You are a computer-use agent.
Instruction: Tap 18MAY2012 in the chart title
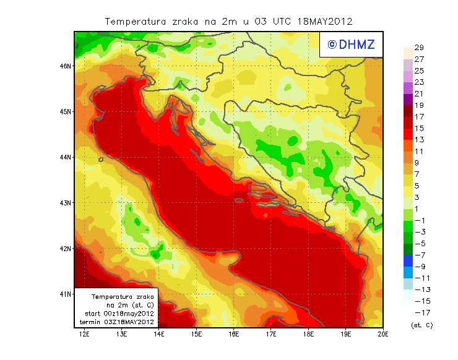pyautogui.click(x=325, y=21)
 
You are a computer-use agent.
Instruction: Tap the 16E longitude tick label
pyautogui.click(x=233, y=334)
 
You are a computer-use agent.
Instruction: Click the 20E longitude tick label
pyautogui.click(x=383, y=334)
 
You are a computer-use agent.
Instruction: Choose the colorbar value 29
pyautogui.click(x=419, y=48)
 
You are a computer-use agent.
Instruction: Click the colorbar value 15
pyautogui.click(x=419, y=128)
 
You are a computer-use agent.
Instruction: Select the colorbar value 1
pyautogui.click(x=419, y=208)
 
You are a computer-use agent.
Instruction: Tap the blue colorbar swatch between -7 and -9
pyautogui.click(x=408, y=260)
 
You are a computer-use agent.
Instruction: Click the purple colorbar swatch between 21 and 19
pyautogui.click(x=408, y=100)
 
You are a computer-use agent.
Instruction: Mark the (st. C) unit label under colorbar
pyautogui.click(x=421, y=325)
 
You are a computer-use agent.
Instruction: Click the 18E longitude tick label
pyautogui.click(x=308, y=334)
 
